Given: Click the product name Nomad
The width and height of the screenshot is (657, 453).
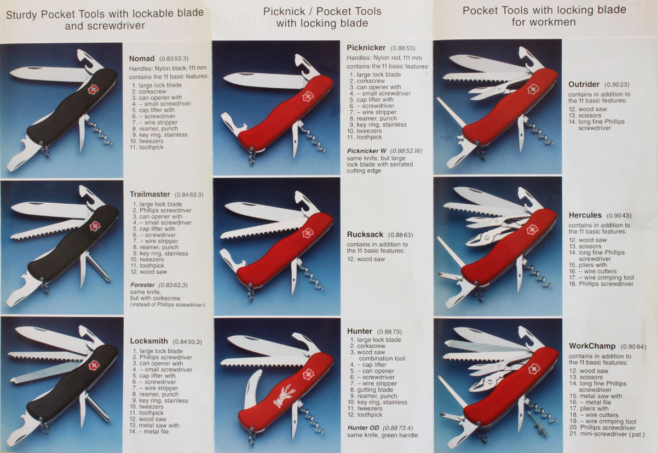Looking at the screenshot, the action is [x=142, y=59].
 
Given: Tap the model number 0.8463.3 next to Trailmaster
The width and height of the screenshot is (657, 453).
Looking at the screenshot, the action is [x=189, y=194].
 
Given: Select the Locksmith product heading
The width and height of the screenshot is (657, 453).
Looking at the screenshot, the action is [x=149, y=341].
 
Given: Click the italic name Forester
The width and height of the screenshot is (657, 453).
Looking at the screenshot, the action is [x=142, y=285].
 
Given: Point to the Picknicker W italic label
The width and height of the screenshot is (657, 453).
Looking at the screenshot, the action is [x=367, y=151].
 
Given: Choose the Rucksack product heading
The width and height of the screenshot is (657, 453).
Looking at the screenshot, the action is [x=365, y=234].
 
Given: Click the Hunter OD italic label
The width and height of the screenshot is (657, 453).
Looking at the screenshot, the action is [x=363, y=428].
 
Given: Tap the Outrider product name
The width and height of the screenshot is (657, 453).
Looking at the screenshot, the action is [x=584, y=84].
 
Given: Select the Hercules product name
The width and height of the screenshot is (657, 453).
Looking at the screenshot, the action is [x=585, y=215].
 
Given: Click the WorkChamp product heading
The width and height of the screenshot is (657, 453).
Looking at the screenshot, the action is [x=592, y=346].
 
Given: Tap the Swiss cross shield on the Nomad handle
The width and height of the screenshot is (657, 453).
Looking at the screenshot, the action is [x=93, y=89].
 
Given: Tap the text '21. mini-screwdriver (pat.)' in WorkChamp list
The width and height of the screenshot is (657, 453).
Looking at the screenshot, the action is [x=607, y=434].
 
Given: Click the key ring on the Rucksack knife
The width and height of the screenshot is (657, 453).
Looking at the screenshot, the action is [x=250, y=295].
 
